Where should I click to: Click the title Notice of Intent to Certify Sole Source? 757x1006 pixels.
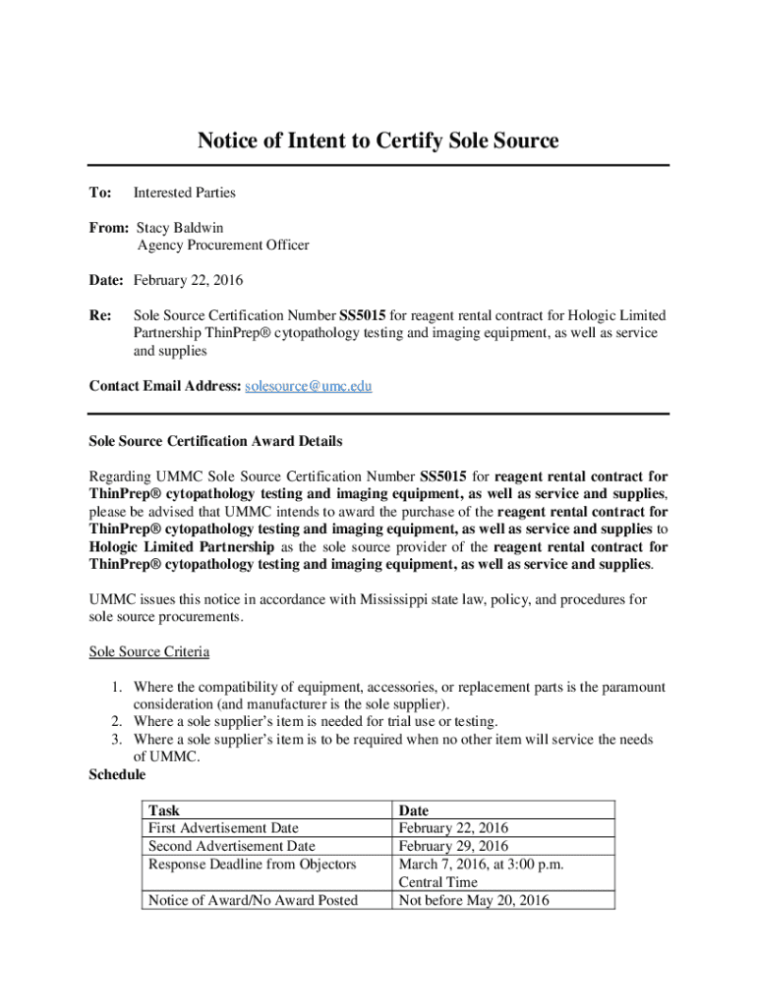click(378, 140)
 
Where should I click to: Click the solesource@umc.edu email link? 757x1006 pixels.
click(308, 386)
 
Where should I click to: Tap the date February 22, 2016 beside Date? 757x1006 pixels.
click(188, 280)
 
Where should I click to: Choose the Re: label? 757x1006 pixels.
click(100, 315)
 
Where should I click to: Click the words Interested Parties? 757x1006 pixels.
click(184, 193)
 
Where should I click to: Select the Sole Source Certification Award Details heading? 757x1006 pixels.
click(215, 441)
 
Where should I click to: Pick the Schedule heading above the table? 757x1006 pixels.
click(117, 775)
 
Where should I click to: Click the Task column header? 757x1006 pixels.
click(163, 810)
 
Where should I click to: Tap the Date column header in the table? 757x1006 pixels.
click(413, 810)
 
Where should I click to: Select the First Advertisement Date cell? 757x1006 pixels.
click(223, 828)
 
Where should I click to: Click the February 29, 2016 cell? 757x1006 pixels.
click(452, 846)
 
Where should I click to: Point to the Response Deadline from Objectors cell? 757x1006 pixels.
click(252, 865)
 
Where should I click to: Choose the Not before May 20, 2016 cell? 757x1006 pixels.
click(473, 900)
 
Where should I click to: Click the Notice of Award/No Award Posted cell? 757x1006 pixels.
click(253, 900)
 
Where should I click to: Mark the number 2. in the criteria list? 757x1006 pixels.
click(116, 722)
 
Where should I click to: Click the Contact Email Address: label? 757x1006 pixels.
click(164, 386)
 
